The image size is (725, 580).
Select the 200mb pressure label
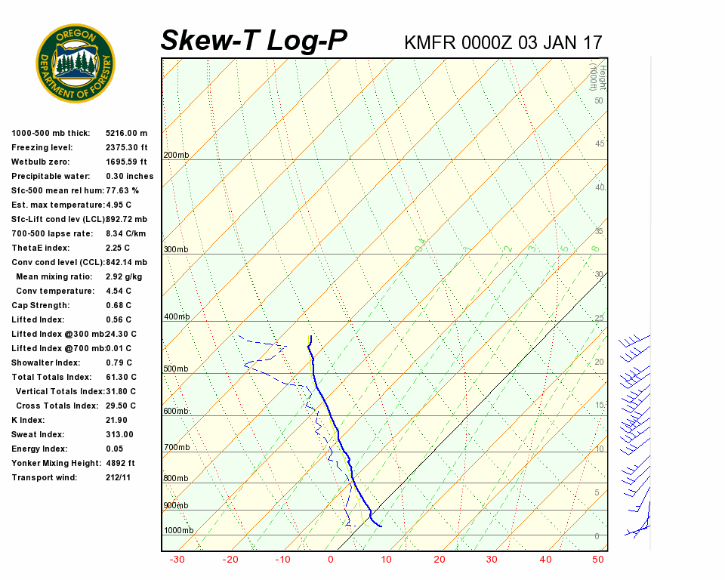[x=176, y=156]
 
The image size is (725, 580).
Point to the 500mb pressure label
[x=176, y=369]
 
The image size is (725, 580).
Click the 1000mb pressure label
[x=178, y=531]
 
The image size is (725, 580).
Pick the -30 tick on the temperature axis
[x=177, y=560]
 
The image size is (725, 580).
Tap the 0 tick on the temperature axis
[x=331, y=560]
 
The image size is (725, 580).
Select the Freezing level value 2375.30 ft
[x=126, y=148]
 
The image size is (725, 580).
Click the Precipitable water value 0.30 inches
[x=129, y=177]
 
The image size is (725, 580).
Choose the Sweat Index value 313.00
[x=119, y=435]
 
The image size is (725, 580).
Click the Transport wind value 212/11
[x=119, y=478]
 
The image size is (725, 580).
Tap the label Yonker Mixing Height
[x=50, y=464]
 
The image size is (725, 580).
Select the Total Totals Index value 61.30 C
[x=121, y=378]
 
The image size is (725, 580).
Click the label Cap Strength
[x=41, y=306]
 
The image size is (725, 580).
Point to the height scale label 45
[x=600, y=144]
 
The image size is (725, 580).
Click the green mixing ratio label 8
[x=595, y=248]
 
